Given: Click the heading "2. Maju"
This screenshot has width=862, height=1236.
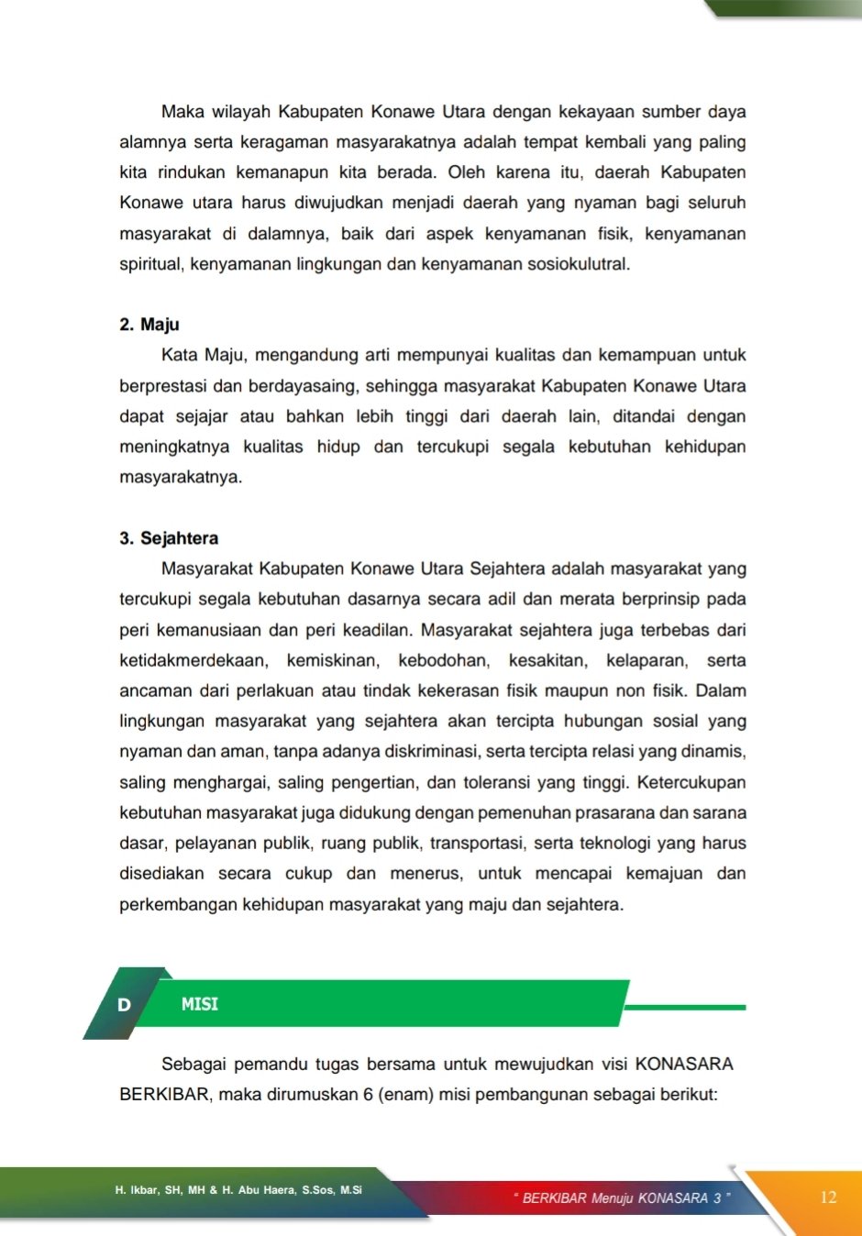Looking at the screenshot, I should (x=149, y=325).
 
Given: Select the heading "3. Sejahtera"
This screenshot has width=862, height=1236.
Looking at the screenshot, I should (x=169, y=538).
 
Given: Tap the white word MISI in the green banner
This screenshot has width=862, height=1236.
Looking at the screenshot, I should (x=200, y=1004).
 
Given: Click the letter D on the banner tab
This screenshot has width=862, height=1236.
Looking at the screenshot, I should (x=124, y=1005).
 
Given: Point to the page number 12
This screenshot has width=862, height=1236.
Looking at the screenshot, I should (x=828, y=1197).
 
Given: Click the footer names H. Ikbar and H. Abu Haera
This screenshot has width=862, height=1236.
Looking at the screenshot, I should (x=238, y=1190).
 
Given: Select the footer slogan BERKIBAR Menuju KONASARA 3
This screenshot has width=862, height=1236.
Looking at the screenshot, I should (x=623, y=1197).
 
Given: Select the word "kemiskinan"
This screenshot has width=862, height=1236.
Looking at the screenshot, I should (x=332, y=660).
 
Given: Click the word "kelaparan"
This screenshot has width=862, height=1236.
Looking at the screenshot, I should (x=646, y=660).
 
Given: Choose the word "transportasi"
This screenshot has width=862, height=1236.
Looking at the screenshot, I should (x=477, y=844).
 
